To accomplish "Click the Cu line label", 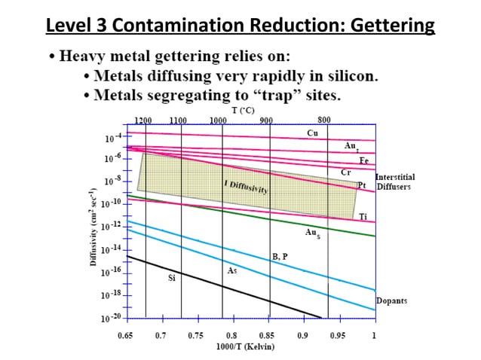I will (312, 133).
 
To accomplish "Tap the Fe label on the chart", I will (363, 160).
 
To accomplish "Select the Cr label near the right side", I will (346, 172).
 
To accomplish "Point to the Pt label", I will (361, 185).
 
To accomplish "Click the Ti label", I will (363, 217).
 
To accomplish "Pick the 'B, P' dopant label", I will (280, 256).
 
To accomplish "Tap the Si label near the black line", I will (171, 278).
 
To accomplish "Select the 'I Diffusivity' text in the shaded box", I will (246, 188).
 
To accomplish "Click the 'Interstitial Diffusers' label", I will (394, 182).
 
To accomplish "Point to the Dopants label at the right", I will (391, 301).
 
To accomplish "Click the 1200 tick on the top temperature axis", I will (142, 121).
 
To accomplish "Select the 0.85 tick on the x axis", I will (267, 334).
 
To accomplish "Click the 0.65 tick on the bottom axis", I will (125, 334).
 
